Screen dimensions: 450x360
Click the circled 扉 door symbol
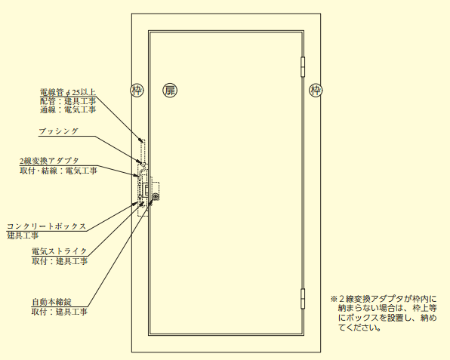(x=170, y=91)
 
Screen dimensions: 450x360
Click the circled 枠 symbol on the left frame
(x=137, y=91)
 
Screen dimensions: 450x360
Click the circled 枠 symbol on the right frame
(x=316, y=91)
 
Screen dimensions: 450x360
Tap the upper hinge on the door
(x=303, y=67)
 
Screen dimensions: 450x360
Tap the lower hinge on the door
(x=303, y=299)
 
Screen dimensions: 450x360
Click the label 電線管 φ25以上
(x=68, y=92)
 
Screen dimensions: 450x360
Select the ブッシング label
(x=58, y=131)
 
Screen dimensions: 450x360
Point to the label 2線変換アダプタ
(x=49, y=162)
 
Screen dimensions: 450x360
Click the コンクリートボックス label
(x=47, y=226)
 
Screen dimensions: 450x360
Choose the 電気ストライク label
(x=60, y=251)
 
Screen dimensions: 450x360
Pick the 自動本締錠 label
(x=51, y=302)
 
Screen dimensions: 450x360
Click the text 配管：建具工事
(x=68, y=101)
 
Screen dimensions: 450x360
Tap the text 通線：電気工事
(x=68, y=109)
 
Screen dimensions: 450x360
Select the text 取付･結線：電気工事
(x=59, y=171)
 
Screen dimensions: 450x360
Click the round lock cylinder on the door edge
(x=156, y=197)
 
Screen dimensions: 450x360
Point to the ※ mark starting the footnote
(x=333, y=299)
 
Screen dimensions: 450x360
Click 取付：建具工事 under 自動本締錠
(x=60, y=312)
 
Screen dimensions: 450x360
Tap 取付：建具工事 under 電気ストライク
(x=60, y=261)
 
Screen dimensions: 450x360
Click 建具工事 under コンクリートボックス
(x=23, y=235)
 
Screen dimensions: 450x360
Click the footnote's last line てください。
(x=360, y=328)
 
